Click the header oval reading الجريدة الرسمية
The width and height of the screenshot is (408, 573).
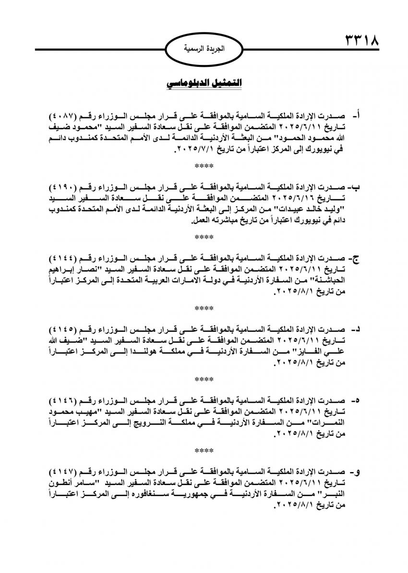pyautogui.click(x=204, y=49)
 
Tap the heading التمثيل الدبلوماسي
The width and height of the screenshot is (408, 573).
pyautogui.click(x=204, y=83)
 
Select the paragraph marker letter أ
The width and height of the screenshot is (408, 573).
pyautogui.click(x=356, y=117)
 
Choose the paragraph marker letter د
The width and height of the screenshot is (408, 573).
pyautogui.click(x=356, y=329)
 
